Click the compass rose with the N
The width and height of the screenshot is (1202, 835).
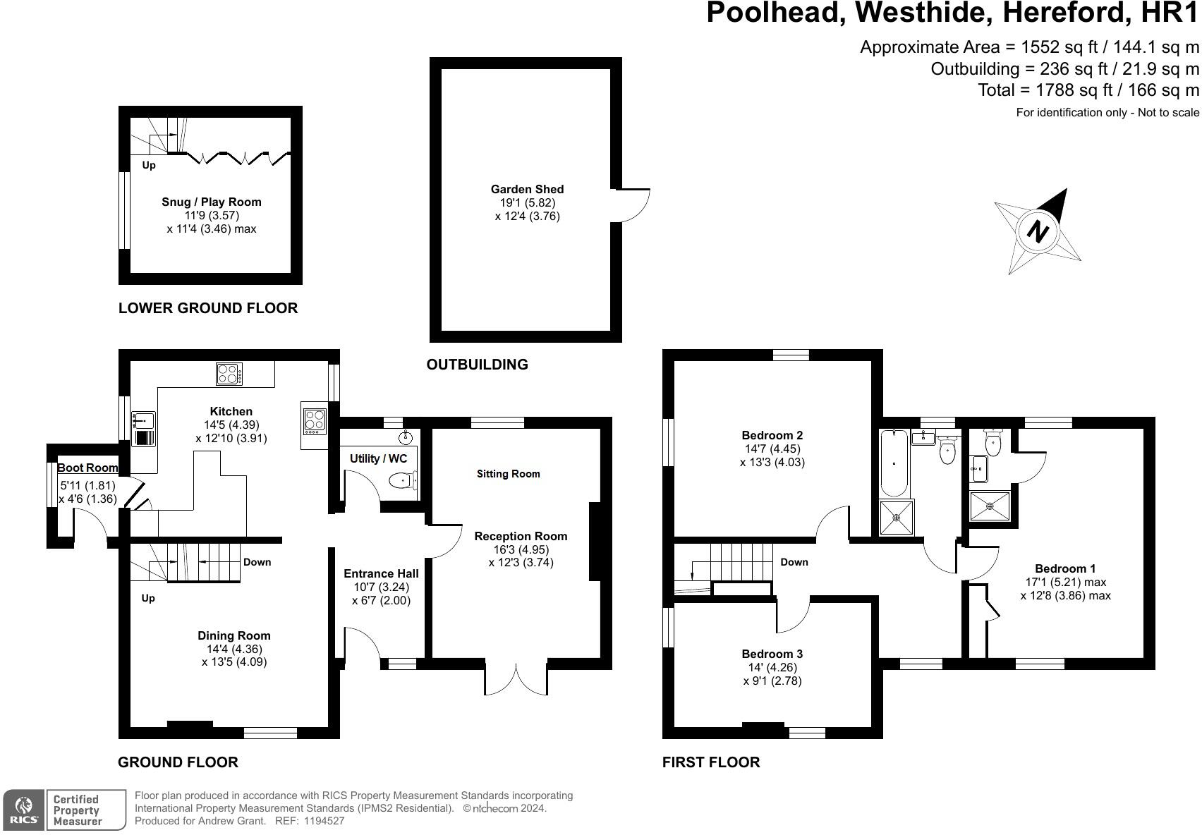(1037, 231)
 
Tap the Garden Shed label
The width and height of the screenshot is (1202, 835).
(527, 189)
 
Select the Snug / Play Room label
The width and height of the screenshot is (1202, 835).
(211, 202)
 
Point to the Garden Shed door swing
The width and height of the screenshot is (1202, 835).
(632, 206)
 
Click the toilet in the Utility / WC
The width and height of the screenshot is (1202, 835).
(402, 481)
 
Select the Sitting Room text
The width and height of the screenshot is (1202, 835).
(508, 474)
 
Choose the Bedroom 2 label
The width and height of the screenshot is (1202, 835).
(772, 435)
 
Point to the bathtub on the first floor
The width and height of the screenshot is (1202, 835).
(894, 462)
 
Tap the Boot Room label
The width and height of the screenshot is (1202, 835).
(87, 468)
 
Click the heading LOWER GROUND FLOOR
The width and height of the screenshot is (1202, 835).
(208, 308)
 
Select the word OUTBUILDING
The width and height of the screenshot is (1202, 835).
(477, 365)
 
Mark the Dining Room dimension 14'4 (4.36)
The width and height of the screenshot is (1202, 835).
(233, 649)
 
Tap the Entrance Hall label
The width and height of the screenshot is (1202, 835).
(381, 573)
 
